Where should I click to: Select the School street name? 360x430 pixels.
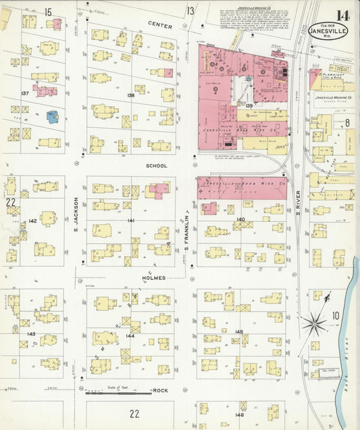(x=155, y=165)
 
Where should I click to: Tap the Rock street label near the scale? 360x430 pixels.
(x=160, y=391)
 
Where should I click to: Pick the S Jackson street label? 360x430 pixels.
(x=76, y=215)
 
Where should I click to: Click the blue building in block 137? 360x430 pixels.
(x=52, y=116)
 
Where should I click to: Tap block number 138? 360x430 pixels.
(x=130, y=96)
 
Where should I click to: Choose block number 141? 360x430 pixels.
(x=130, y=221)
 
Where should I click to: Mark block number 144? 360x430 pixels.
(x=130, y=336)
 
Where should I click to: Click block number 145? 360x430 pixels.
(x=238, y=331)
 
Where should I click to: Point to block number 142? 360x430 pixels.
(x=32, y=221)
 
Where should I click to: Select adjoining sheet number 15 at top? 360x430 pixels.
(x=48, y=11)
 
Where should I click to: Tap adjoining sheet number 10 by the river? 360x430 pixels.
(x=336, y=315)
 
